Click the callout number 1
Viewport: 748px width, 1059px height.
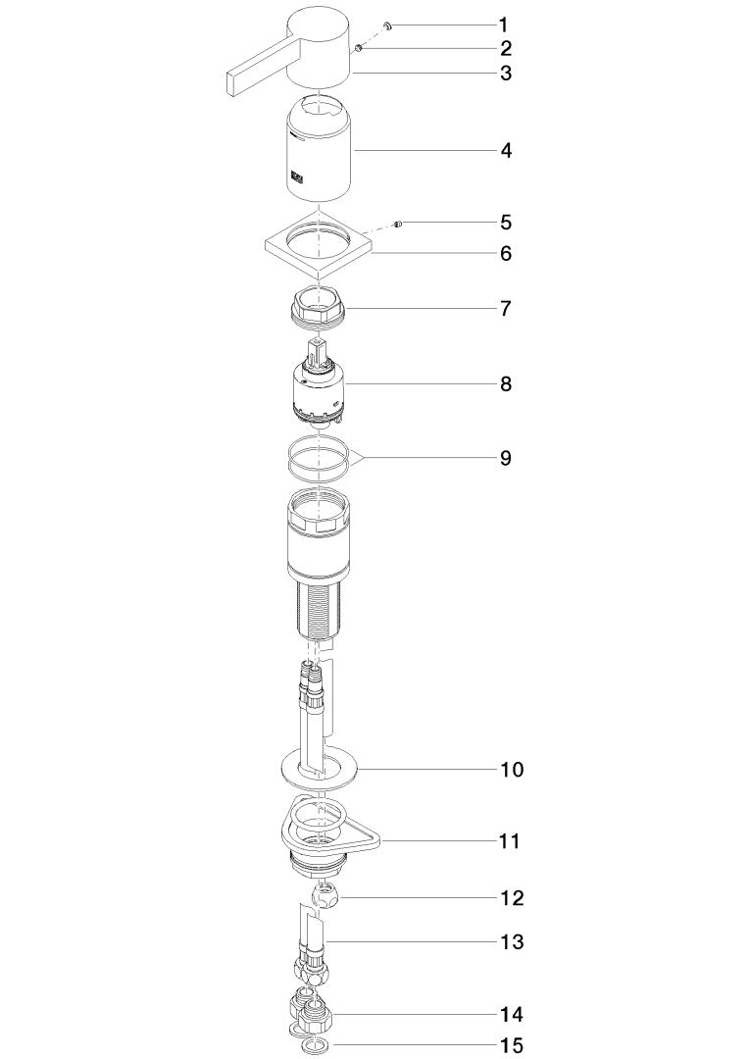[x=503, y=25]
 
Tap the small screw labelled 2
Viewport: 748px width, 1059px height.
[x=359, y=47]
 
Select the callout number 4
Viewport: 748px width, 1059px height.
[x=506, y=151]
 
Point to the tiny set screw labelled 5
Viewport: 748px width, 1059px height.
[x=399, y=224]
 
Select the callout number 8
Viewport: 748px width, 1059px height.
[x=506, y=384]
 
